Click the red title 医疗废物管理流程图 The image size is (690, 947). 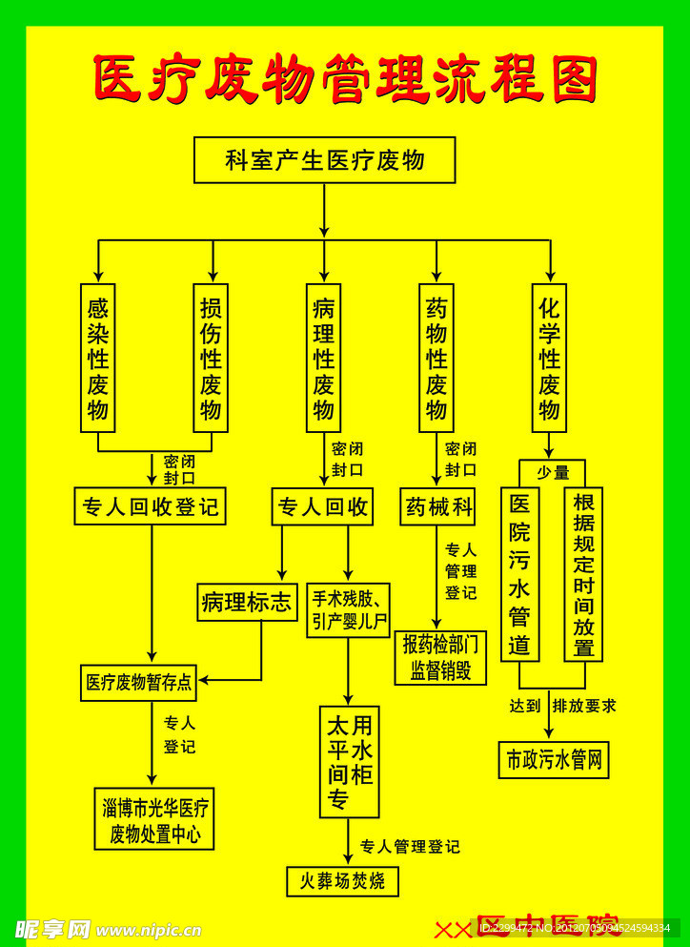coord(345,78)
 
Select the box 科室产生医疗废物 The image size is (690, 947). coord(324,160)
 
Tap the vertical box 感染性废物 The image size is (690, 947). coord(97,358)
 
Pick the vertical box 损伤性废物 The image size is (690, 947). coord(211,358)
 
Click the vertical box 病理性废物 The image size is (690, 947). coord(323,358)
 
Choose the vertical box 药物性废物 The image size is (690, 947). coord(436,358)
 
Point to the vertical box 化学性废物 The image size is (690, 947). coord(549,358)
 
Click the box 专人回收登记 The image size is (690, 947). coord(151,506)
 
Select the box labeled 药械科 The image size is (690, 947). coord(437,506)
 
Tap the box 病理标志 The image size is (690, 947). coord(247,603)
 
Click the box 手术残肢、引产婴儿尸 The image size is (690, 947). coord(348,611)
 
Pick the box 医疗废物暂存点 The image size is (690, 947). coord(138,682)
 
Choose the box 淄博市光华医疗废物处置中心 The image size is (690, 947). coord(154,819)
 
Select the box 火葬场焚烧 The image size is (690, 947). coord(342,881)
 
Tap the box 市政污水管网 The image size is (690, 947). coord(554,760)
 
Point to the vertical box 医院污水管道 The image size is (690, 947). coord(519,574)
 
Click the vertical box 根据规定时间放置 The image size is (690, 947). coord(583,574)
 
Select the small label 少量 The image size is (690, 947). coord(553,472)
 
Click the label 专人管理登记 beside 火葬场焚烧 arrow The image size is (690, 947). coord(410,846)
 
